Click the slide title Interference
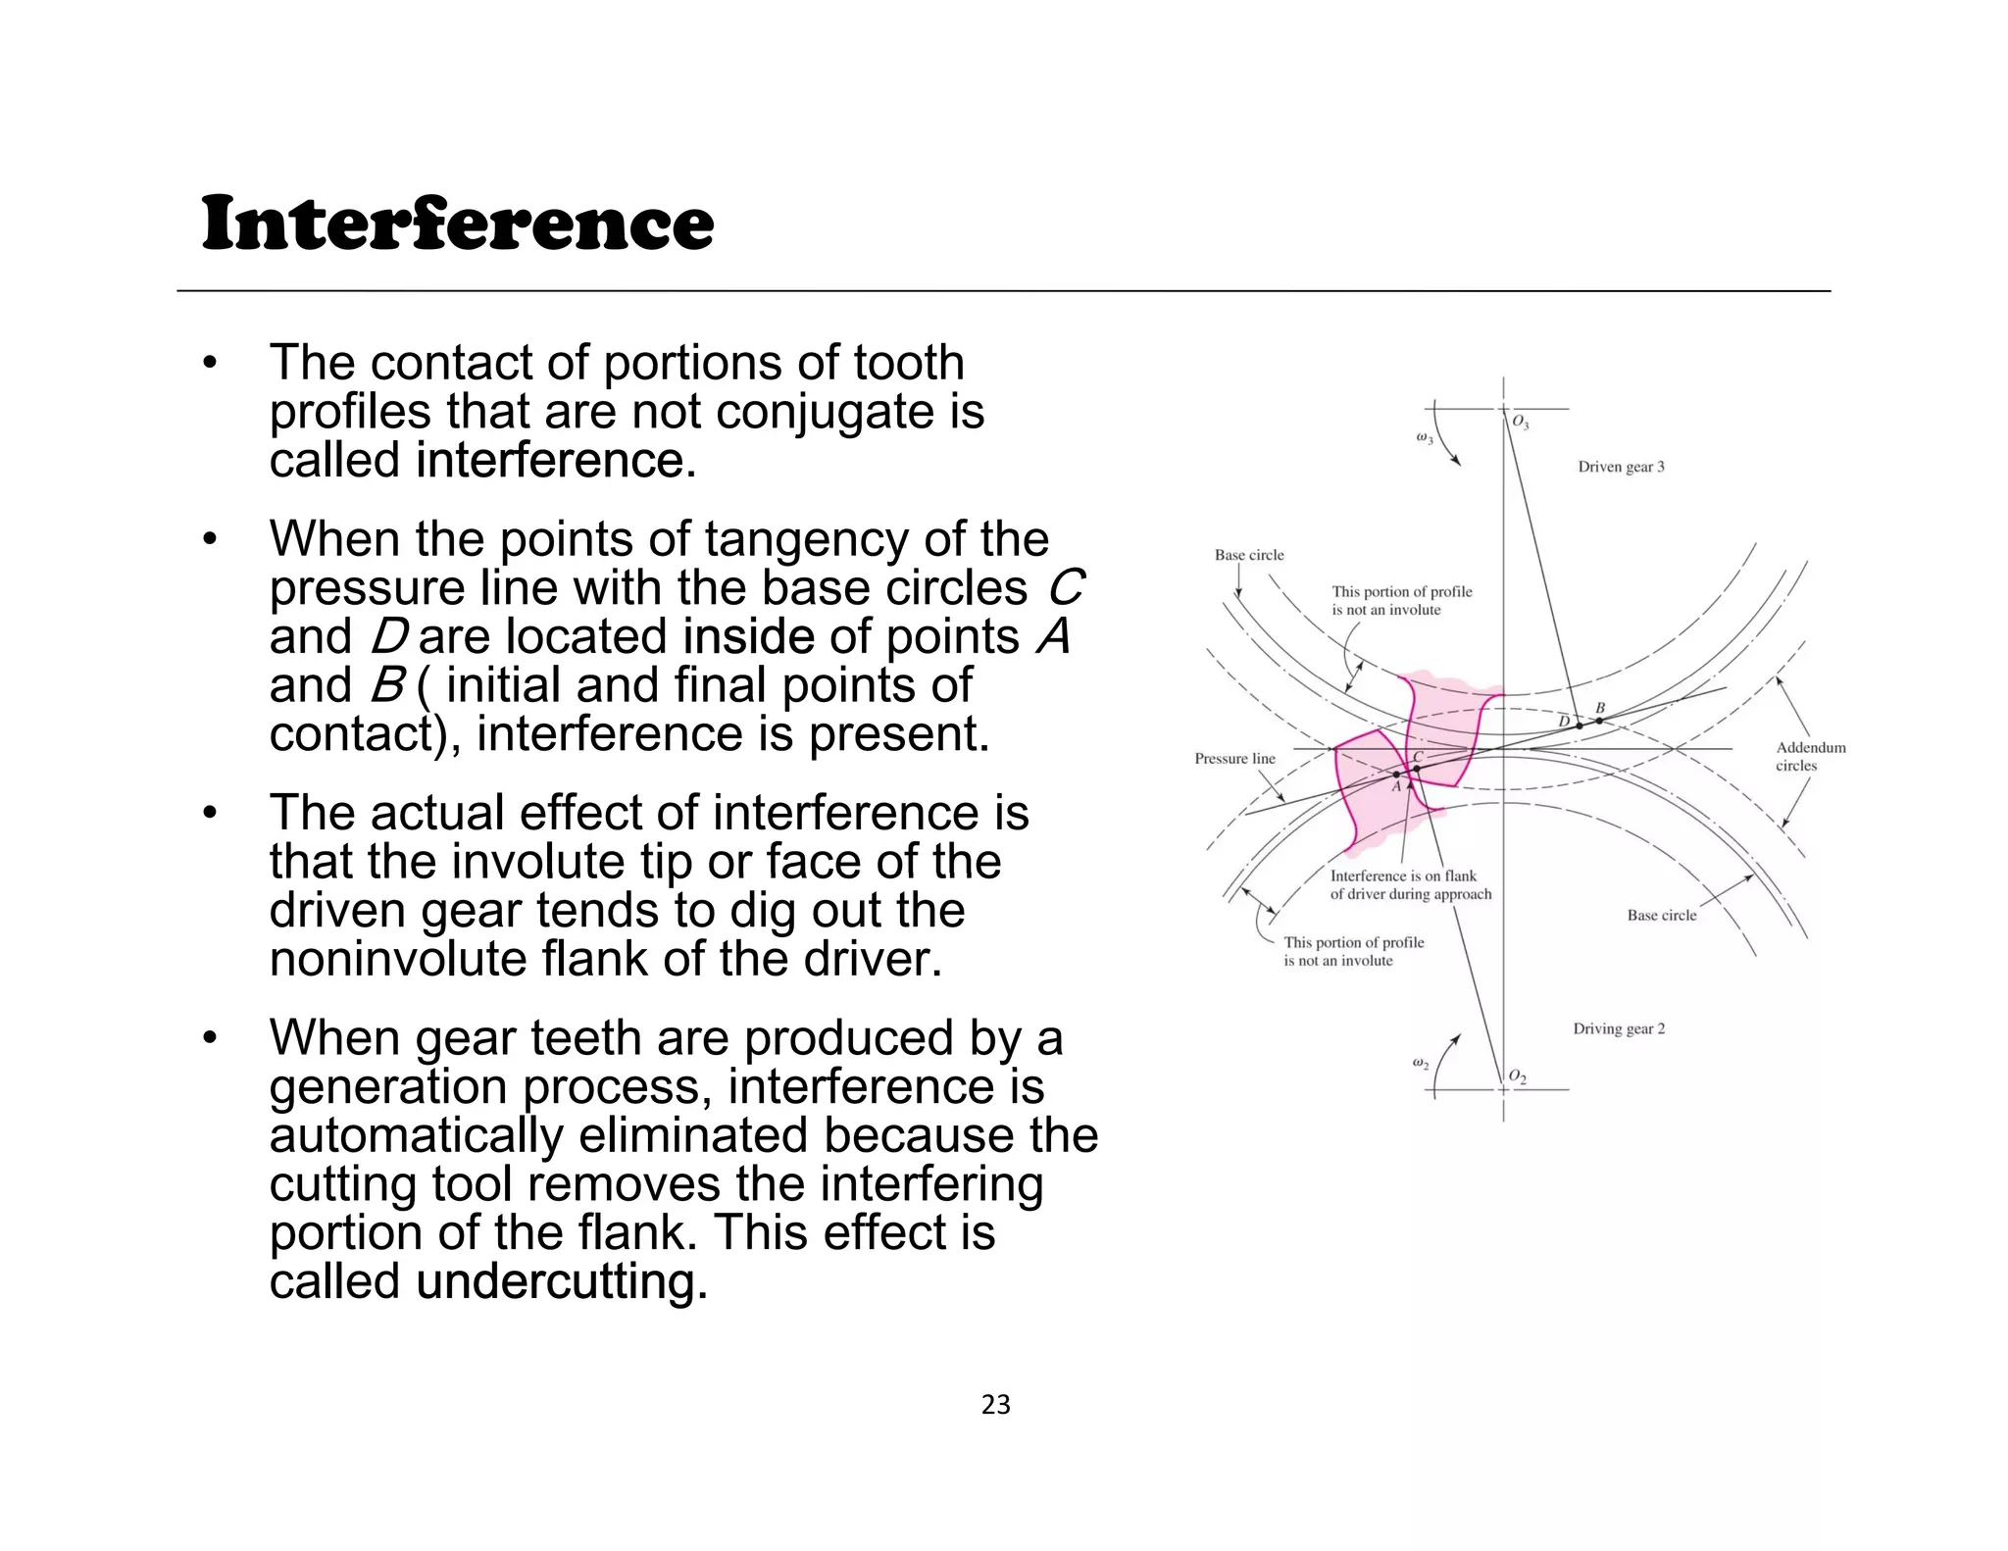(457, 224)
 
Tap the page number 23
(995, 1405)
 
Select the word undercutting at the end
(561, 1281)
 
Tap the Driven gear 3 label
(1621, 467)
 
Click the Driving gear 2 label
(1619, 1028)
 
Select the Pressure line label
(1234, 759)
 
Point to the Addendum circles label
(1810, 756)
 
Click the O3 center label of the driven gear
(1520, 423)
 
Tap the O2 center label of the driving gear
(1517, 1076)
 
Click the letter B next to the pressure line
(1600, 708)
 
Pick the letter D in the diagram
(1564, 722)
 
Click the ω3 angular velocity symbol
(1425, 438)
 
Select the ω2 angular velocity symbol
(1421, 1063)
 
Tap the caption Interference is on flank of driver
(1410, 884)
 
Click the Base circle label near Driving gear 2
(1661, 916)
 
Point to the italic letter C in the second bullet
(1066, 588)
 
